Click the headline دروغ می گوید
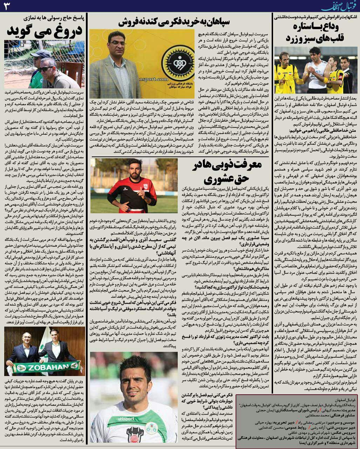click(45, 31)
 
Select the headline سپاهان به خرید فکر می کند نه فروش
click(174, 22)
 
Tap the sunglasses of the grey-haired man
click(45, 68)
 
